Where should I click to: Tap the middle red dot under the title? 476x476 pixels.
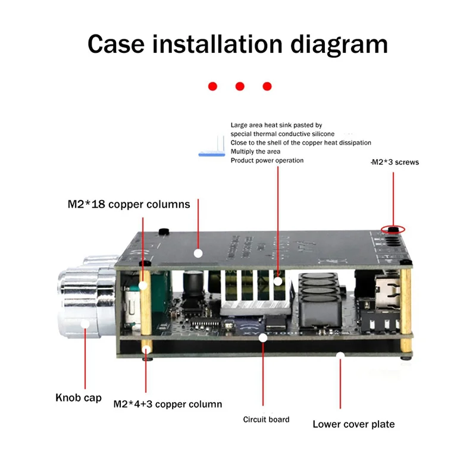240,86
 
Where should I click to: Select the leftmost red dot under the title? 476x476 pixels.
212,86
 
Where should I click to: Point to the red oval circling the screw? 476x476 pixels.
393,229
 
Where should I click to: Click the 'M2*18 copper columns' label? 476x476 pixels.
129,204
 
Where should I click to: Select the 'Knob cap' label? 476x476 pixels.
79,397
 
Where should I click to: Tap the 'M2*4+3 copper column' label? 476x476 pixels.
168,404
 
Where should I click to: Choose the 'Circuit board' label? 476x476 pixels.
266,419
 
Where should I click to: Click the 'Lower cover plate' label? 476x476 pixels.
353,424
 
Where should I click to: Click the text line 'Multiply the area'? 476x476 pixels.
255,152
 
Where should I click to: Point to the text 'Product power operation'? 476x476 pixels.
267,161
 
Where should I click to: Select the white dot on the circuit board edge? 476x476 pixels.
262,337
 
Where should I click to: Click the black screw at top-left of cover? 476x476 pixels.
162,230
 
